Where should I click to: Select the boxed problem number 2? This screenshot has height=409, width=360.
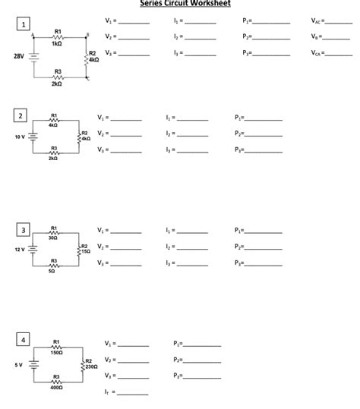click(21, 116)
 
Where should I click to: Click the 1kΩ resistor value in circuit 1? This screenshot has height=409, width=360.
click(58, 43)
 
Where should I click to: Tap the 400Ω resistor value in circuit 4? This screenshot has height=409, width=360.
click(56, 387)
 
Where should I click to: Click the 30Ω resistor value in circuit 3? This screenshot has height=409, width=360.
click(53, 238)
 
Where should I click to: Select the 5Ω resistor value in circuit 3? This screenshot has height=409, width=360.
click(52, 270)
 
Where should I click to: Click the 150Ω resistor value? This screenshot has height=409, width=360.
click(56, 353)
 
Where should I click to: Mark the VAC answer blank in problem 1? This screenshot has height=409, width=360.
click(339, 22)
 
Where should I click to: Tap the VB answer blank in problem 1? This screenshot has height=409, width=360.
click(339, 38)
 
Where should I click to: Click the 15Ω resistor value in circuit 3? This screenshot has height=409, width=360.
click(86, 252)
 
